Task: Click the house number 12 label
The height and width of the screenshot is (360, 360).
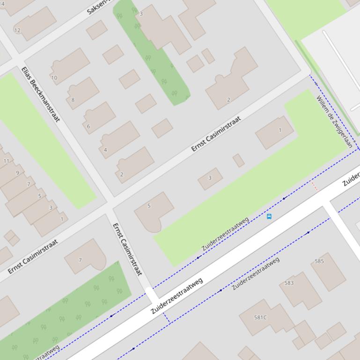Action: [x=17, y=30]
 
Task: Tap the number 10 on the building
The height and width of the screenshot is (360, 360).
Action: [x=54, y=78]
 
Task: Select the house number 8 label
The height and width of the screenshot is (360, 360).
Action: [x=73, y=100]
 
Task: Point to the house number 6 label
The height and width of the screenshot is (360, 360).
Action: [x=88, y=126]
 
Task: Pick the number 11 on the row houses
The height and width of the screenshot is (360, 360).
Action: [x=6, y=161]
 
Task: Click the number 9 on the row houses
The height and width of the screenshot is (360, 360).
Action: [x=17, y=173]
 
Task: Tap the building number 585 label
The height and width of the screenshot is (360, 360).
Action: [x=319, y=261]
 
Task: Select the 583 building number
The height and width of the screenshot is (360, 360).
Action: [x=289, y=283]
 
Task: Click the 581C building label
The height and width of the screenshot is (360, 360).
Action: [x=260, y=317]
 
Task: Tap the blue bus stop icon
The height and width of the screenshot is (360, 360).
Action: [x=269, y=216]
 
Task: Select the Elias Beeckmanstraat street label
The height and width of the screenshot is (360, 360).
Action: [x=40, y=94]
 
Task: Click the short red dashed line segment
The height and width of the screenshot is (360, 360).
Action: [x=315, y=186]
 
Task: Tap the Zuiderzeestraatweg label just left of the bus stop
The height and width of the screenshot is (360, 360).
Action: [x=225, y=233]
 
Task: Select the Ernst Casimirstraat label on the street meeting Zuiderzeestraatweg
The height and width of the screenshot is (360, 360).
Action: [x=127, y=249]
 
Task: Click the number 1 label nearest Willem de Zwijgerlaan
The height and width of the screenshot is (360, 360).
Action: [x=280, y=130]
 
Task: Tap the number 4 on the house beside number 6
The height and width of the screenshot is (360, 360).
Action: [x=105, y=150]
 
